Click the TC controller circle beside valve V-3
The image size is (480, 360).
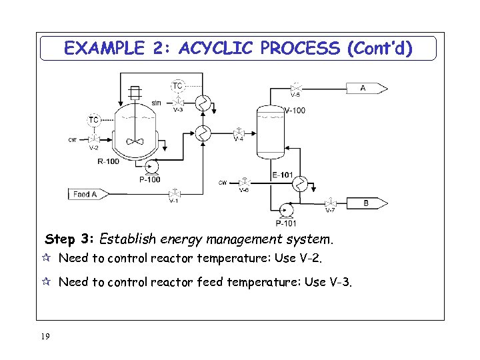pyautogui.click(x=178, y=86)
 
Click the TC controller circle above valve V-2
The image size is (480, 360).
pyautogui.click(x=94, y=120)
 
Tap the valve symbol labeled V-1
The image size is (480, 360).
pyautogui.click(x=174, y=193)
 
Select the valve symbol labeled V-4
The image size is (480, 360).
pyautogui.click(x=238, y=132)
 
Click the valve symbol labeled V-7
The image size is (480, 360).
pyautogui.click(x=329, y=203)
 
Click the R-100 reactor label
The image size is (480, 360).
pyautogui.click(x=109, y=161)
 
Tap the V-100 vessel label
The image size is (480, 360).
pyautogui.click(x=295, y=111)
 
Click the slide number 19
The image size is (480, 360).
pyautogui.click(x=45, y=336)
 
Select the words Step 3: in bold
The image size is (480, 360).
pyautogui.click(x=70, y=239)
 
